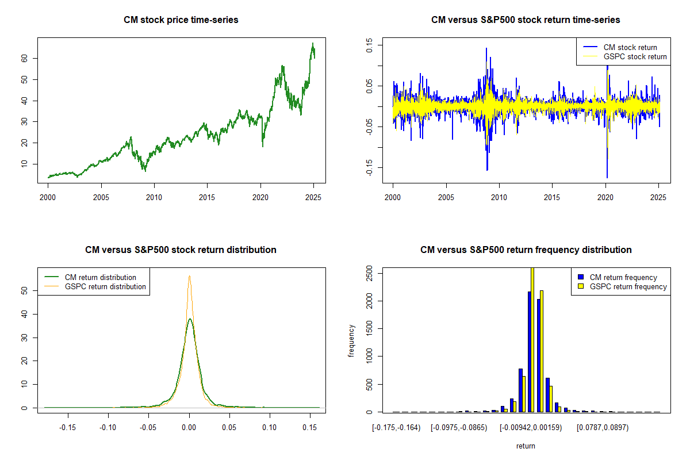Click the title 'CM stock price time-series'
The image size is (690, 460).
pos(181,20)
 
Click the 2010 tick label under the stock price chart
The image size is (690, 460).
pos(154,197)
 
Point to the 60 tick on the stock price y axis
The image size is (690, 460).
pos(24,58)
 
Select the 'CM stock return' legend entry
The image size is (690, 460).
pos(620,47)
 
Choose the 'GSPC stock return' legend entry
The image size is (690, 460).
pos(624,56)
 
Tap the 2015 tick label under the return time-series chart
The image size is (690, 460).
pos(551,197)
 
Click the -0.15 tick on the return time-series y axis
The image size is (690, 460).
pos(369,167)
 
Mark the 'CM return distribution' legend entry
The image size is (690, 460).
pos(90,277)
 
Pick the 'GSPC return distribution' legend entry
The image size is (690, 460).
pos(95,286)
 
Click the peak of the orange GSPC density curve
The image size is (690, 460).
pos(189,276)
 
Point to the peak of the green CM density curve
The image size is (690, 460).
pos(190,319)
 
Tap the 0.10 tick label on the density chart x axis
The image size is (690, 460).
pos(270,427)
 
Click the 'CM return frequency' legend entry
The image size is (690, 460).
pos(618,277)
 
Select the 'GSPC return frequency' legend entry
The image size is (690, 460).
pos(623,286)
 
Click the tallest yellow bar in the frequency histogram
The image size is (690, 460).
pos(532,340)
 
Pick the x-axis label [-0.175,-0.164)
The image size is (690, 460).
pos(396,428)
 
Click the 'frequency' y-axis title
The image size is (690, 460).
pos(351,341)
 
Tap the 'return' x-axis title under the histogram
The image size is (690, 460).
pos(526,446)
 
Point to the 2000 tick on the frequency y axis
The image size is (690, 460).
pos(369,301)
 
